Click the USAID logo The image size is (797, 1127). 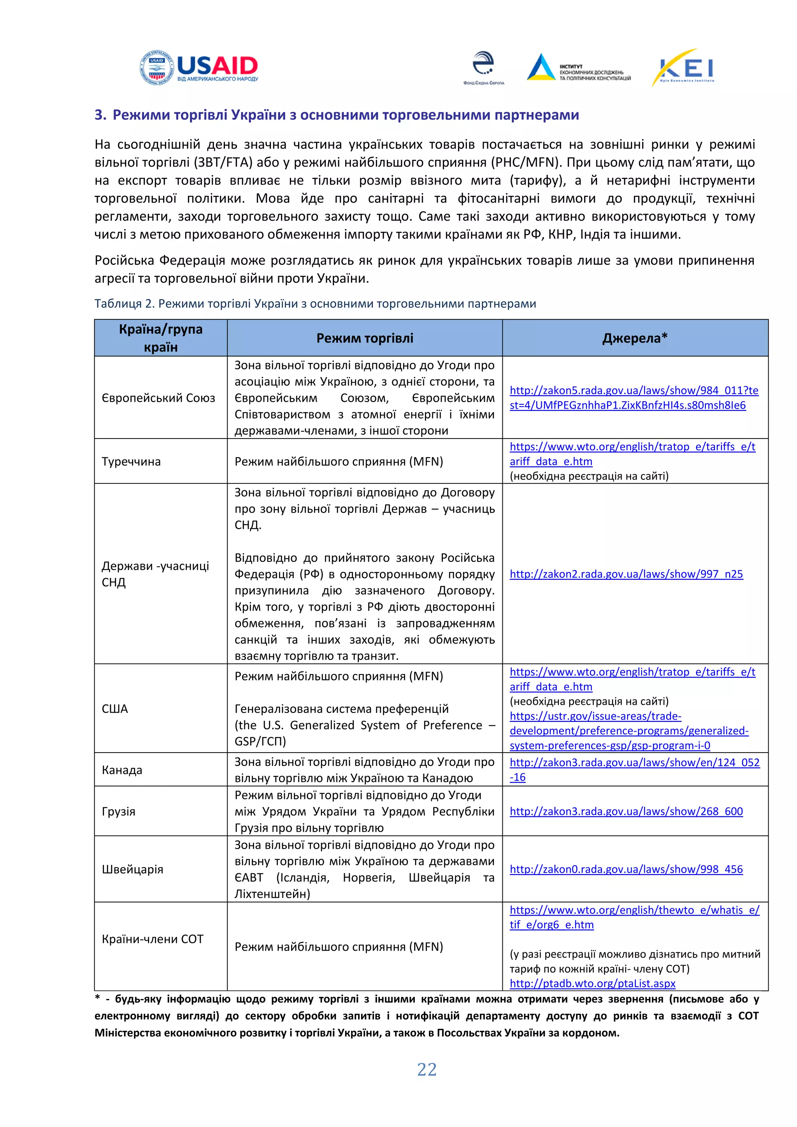(x=199, y=68)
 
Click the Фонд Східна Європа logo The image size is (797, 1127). (x=483, y=68)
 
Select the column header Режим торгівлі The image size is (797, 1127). (x=365, y=338)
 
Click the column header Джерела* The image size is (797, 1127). (x=635, y=338)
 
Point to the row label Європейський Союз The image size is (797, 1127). (x=158, y=398)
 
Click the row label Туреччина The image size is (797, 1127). (x=131, y=462)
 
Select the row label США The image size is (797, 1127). (x=115, y=708)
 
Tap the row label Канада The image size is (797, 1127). (x=122, y=770)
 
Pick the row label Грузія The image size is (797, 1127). (x=118, y=811)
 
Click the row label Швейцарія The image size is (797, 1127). (x=132, y=869)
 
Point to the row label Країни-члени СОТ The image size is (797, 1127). (x=152, y=939)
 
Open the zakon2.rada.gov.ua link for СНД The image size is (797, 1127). (x=626, y=574)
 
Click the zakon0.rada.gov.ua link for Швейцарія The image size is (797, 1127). (x=626, y=869)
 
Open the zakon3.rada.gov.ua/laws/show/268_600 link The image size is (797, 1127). (x=626, y=811)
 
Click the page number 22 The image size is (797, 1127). (x=427, y=1069)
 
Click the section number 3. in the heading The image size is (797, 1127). (x=100, y=115)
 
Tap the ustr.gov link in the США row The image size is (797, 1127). (x=628, y=730)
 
